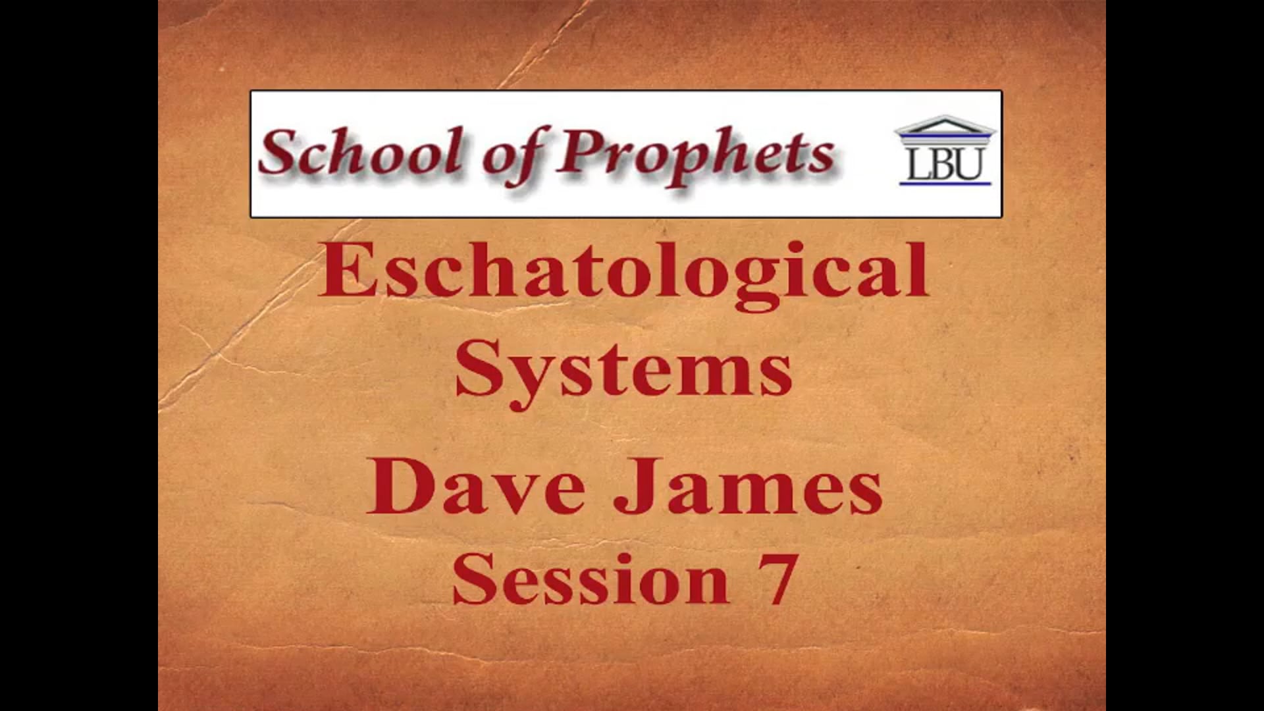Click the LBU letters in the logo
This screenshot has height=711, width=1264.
945,164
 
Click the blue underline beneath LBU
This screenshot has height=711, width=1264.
945,183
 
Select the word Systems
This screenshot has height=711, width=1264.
623,370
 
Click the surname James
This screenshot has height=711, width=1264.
748,487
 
